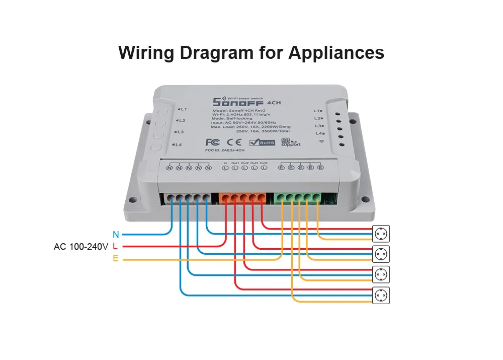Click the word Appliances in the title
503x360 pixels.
(336, 53)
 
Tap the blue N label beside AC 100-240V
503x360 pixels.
(116, 234)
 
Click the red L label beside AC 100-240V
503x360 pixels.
(115, 247)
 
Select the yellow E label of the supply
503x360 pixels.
(115, 259)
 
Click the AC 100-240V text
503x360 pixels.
(81, 247)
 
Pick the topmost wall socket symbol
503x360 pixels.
(381, 234)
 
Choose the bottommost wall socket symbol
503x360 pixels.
(381, 295)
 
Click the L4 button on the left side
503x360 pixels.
(155, 146)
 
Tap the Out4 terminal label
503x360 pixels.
(264, 163)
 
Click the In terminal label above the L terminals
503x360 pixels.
(226, 163)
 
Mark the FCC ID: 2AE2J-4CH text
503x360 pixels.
(225, 151)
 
